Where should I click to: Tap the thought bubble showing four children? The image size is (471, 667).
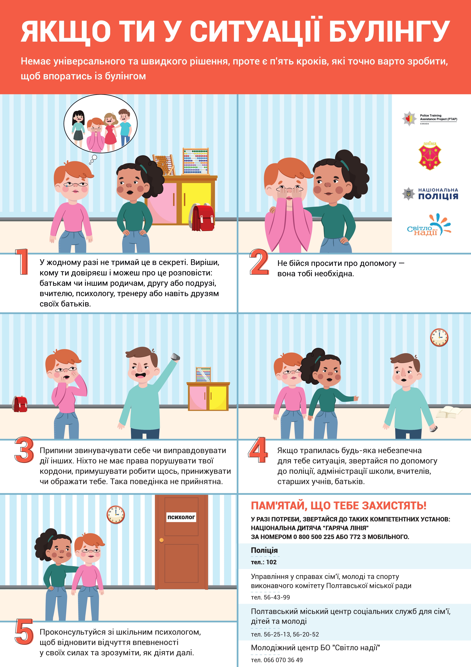point(100,124)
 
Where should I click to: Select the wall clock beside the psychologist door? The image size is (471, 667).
point(116,514)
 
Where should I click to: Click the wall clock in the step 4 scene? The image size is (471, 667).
point(439,337)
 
